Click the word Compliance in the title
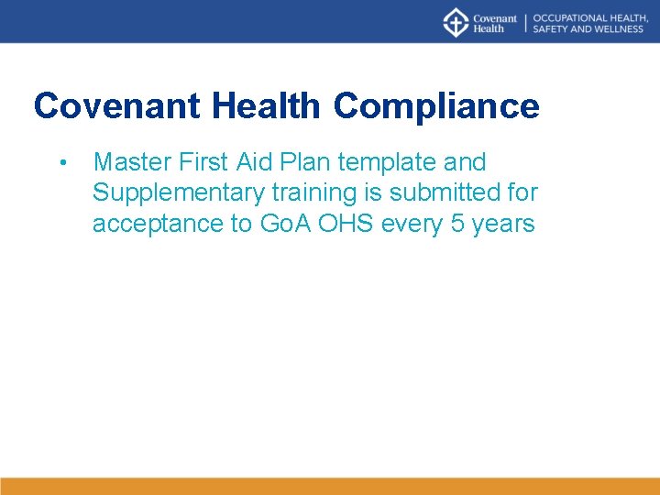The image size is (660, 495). (x=436, y=107)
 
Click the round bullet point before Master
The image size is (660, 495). (x=60, y=164)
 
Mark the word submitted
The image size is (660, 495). (x=453, y=193)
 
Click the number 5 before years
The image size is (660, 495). (x=457, y=224)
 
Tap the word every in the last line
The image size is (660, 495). (x=412, y=224)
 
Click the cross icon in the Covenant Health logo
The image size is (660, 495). (x=456, y=22)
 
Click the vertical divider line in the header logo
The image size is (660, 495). (x=525, y=23)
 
